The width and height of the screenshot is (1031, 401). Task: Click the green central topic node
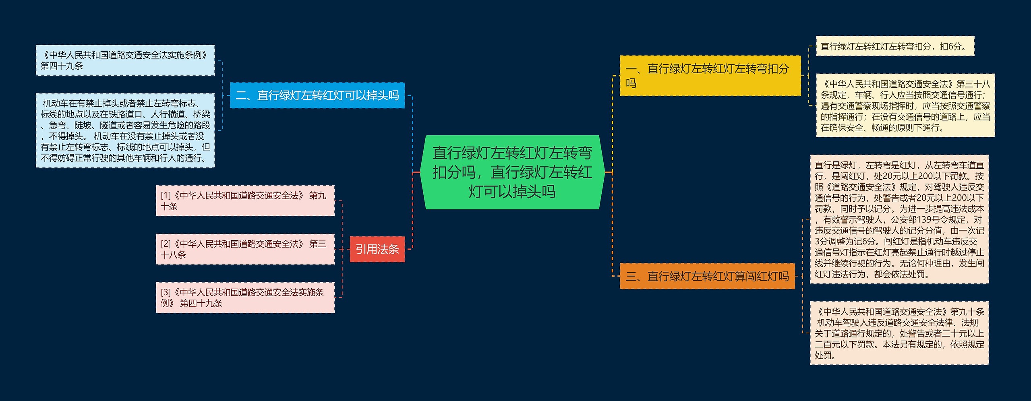click(512, 172)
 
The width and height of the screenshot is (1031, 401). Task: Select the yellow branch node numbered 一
click(710, 76)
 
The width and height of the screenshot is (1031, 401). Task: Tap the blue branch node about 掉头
click(317, 95)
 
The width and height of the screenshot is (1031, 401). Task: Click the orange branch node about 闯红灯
click(707, 276)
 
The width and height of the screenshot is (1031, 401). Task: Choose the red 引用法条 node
click(377, 249)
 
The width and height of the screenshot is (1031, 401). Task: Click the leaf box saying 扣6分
click(894, 46)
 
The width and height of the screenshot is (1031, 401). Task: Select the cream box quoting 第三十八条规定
click(905, 105)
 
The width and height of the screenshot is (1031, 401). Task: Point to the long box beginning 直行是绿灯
click(899, 219)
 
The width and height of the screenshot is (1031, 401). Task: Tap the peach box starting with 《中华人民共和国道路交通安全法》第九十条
click(899, 333)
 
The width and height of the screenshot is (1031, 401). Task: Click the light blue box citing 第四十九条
click(125, 60)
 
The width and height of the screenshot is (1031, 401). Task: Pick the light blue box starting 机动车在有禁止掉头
click(125, 130)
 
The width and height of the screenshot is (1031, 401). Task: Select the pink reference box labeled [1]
click(245, 200)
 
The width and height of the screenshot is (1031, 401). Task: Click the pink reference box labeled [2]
click(245, 249)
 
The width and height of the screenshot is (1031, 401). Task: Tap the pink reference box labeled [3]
click(245, 298)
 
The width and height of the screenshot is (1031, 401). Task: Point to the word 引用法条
click(377, 249)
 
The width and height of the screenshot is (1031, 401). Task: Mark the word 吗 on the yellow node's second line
click(631, 83)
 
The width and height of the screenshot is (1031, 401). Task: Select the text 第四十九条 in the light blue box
click(62, 66)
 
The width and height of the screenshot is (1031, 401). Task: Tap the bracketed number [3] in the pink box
click(166, 292)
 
